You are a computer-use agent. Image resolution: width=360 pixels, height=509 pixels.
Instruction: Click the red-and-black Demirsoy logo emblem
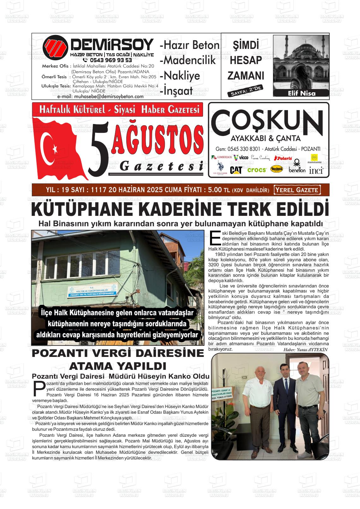[x=55, y=48]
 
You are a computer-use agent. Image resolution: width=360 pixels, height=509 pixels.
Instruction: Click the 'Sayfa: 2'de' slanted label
[x=245, y=91]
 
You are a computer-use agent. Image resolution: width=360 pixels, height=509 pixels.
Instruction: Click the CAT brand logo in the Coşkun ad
[x=236, y=170]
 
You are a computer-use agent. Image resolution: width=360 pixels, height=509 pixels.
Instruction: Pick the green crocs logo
[x=257, y=170]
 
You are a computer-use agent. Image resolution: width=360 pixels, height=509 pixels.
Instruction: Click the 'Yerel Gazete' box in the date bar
[x=297, y=190]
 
